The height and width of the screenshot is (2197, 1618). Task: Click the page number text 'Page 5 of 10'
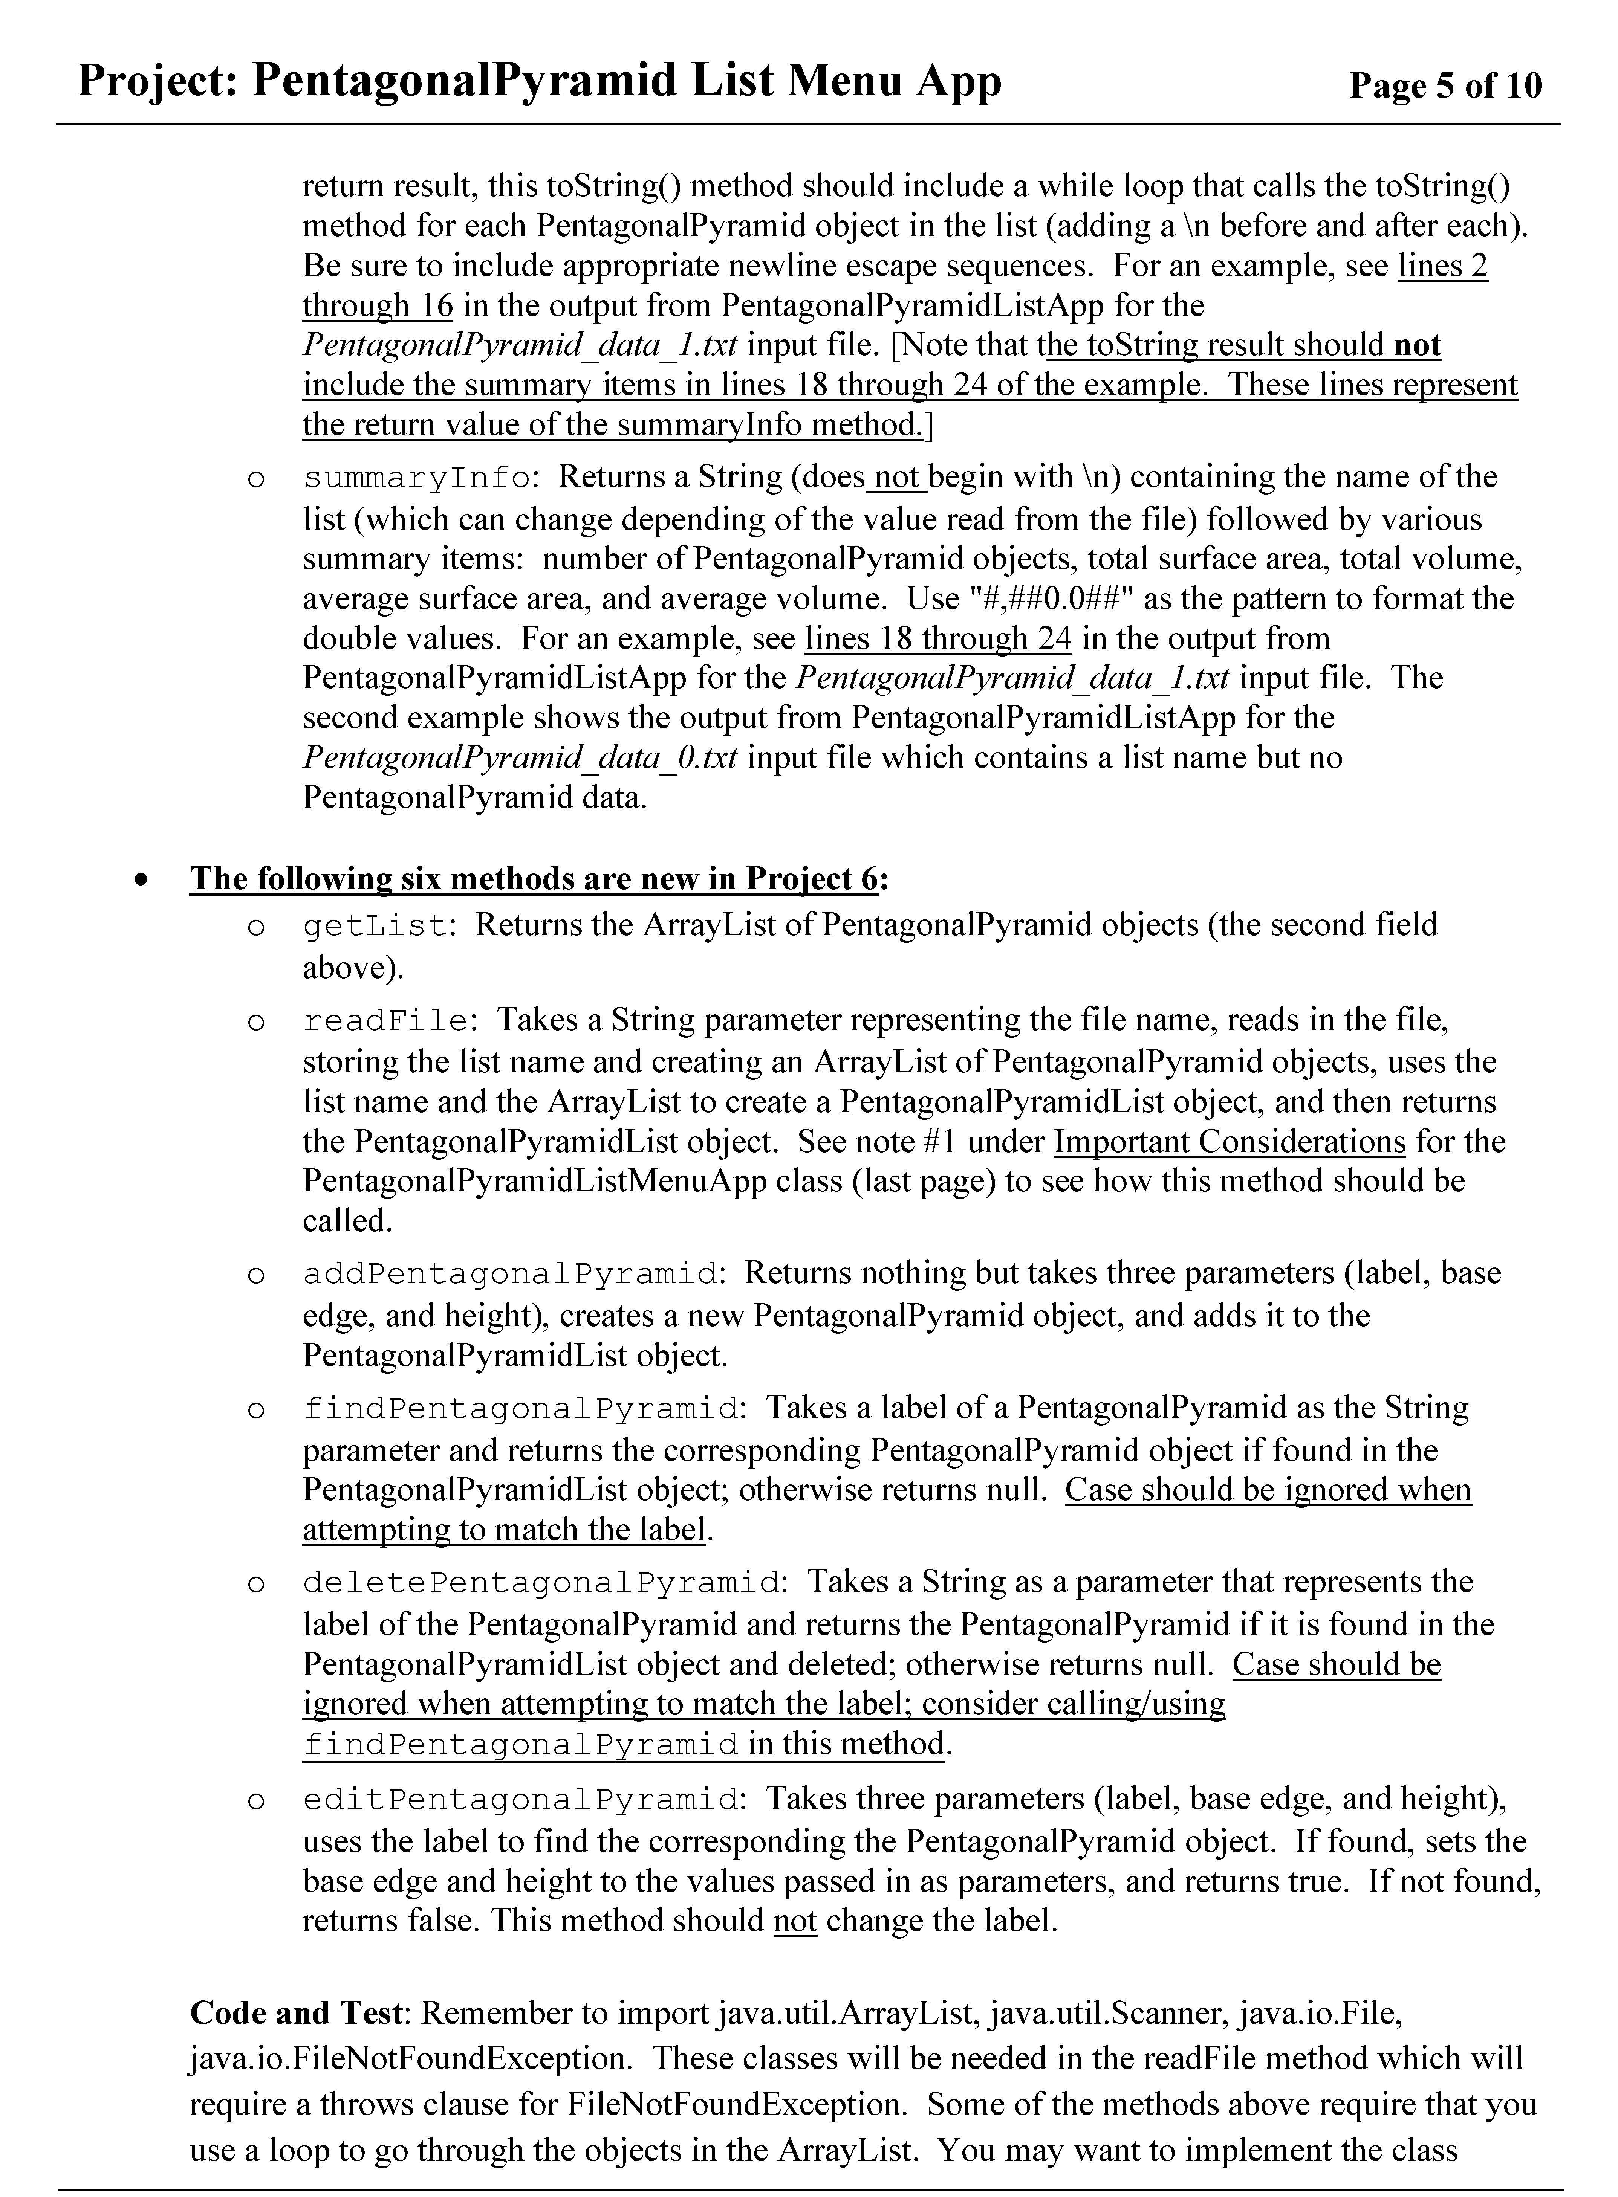(1445, 86)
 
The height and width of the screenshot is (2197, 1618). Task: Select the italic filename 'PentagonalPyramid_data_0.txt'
(519, 758)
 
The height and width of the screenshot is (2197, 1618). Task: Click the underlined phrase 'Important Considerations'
(1229, 1142)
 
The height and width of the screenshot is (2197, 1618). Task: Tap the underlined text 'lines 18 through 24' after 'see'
(937, 638)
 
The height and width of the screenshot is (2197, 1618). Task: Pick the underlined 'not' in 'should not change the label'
(794, 1921)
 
